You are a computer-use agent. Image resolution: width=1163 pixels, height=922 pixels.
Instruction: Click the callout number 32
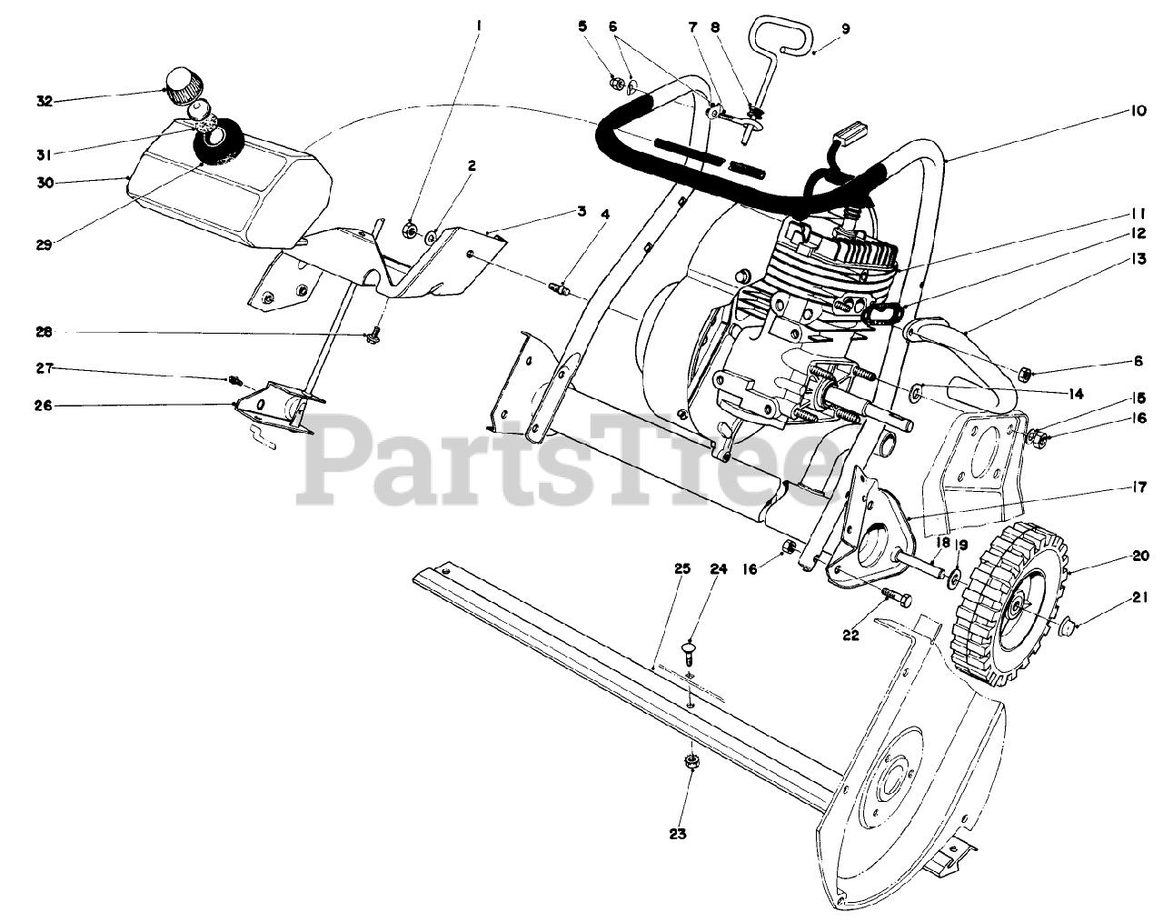click(x=45, y=101)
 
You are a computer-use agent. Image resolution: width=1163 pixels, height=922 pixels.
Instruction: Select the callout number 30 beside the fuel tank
click(x=45, y=183)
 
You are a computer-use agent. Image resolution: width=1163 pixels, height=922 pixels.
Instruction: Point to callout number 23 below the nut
click(x=679, y=833)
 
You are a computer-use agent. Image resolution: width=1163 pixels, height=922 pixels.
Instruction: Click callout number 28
click(x=45, y=333)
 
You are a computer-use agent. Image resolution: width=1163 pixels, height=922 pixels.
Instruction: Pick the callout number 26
click(x=45, y=406)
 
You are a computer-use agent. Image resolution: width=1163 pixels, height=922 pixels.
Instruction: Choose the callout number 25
click(x=682, y=568)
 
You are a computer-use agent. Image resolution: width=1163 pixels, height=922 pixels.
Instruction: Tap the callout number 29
click(x=45, y=244)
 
